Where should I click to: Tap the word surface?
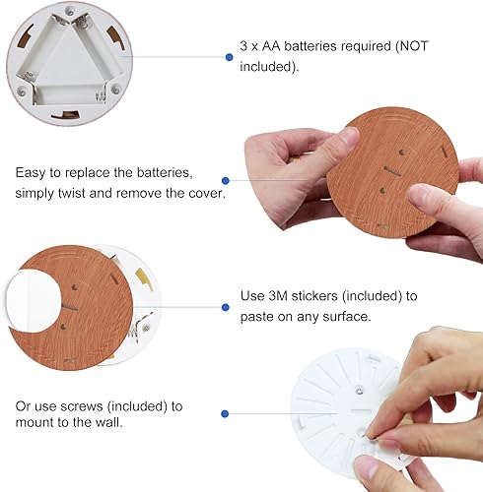[341, 316]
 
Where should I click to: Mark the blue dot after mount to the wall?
[226, 415]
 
